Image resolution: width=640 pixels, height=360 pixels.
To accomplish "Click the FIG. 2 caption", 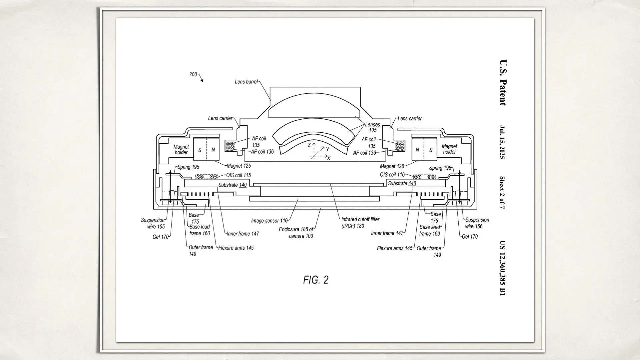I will [x=316, y=280].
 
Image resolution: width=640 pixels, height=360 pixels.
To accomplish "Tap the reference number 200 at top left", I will [x=193, y=74].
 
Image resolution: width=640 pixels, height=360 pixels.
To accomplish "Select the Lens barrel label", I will [x=246, y=82].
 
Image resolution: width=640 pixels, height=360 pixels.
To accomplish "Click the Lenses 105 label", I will [x=372, y=127].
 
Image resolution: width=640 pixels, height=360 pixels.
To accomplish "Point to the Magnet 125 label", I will [x=239, y=166].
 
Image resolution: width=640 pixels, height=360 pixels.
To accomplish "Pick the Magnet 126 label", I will [x=392, y=166].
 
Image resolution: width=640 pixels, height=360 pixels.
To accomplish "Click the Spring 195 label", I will [x=188, y=167].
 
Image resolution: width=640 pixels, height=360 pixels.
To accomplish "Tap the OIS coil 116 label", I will [x=392, y=175].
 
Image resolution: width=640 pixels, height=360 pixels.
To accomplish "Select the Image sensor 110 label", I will [x=269, y=221].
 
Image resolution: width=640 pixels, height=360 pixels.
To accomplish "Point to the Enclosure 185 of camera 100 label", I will [x=296, y=233].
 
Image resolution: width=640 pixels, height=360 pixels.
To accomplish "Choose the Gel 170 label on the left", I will [x=160, y=237].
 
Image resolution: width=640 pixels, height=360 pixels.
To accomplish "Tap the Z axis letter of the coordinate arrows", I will [x=309, y=145].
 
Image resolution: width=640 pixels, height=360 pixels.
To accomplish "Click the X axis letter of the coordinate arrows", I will [x=329, y=158].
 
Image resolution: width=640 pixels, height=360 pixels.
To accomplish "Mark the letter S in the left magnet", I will [x=200, y=150].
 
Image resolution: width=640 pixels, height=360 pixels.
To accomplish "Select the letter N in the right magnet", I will [x=417, y=150].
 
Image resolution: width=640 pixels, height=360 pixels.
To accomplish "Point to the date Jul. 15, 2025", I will [x=503, y=142].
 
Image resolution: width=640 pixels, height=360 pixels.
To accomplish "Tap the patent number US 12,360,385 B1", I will [x=503, y=268].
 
